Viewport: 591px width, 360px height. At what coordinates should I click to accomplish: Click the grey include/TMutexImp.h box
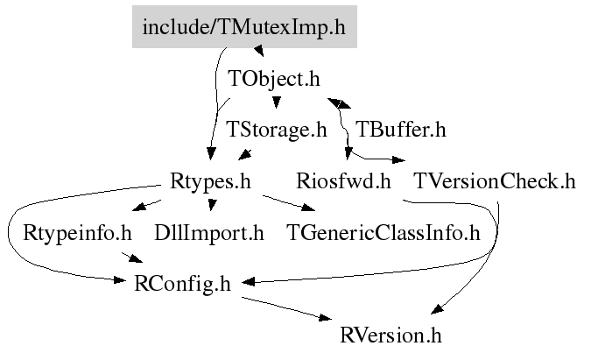244,27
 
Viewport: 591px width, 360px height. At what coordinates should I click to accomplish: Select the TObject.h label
274,79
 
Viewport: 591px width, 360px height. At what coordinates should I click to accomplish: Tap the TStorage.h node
277,130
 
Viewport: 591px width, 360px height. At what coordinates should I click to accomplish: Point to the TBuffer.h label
401,130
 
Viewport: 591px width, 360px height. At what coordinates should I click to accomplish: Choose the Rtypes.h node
210,181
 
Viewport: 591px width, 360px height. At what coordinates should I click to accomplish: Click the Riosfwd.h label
343,181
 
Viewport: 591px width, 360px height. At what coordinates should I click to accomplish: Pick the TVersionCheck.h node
495,181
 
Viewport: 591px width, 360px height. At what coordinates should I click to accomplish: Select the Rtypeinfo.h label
77,233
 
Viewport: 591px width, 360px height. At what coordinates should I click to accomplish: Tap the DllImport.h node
209,233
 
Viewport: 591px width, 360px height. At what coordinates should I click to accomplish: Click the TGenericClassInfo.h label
383,233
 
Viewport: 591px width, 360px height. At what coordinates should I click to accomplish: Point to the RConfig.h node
182,284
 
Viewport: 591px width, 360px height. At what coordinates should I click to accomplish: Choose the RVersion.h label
390,335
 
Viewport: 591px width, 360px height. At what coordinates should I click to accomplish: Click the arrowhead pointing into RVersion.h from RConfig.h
326,317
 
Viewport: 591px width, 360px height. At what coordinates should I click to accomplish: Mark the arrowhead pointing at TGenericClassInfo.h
309,208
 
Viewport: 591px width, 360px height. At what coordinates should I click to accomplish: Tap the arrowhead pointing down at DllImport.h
212,205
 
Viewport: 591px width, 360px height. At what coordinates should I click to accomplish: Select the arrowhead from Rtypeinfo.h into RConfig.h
136,258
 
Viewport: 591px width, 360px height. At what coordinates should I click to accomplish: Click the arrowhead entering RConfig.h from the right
249,281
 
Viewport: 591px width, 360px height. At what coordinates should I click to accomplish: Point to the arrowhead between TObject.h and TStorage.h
277,102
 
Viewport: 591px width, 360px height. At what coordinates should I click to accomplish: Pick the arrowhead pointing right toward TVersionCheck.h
398,159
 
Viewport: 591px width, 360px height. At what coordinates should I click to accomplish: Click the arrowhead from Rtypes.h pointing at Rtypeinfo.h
139,206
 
